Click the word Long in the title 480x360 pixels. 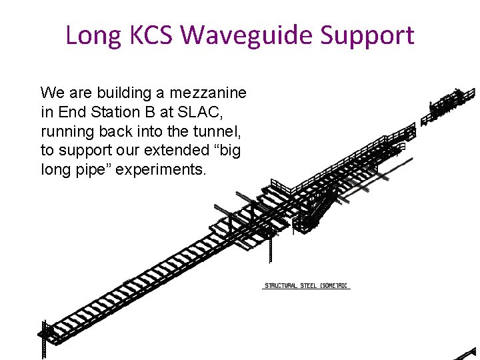[91, 35]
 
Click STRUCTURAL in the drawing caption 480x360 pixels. [281, 286]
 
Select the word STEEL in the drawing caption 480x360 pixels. [309, 286]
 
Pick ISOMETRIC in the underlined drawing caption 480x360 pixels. [335, 286]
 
